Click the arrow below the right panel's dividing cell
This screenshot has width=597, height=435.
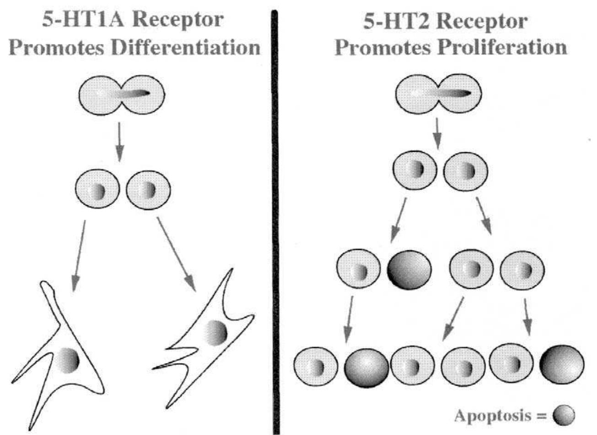[x=438, y=133]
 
